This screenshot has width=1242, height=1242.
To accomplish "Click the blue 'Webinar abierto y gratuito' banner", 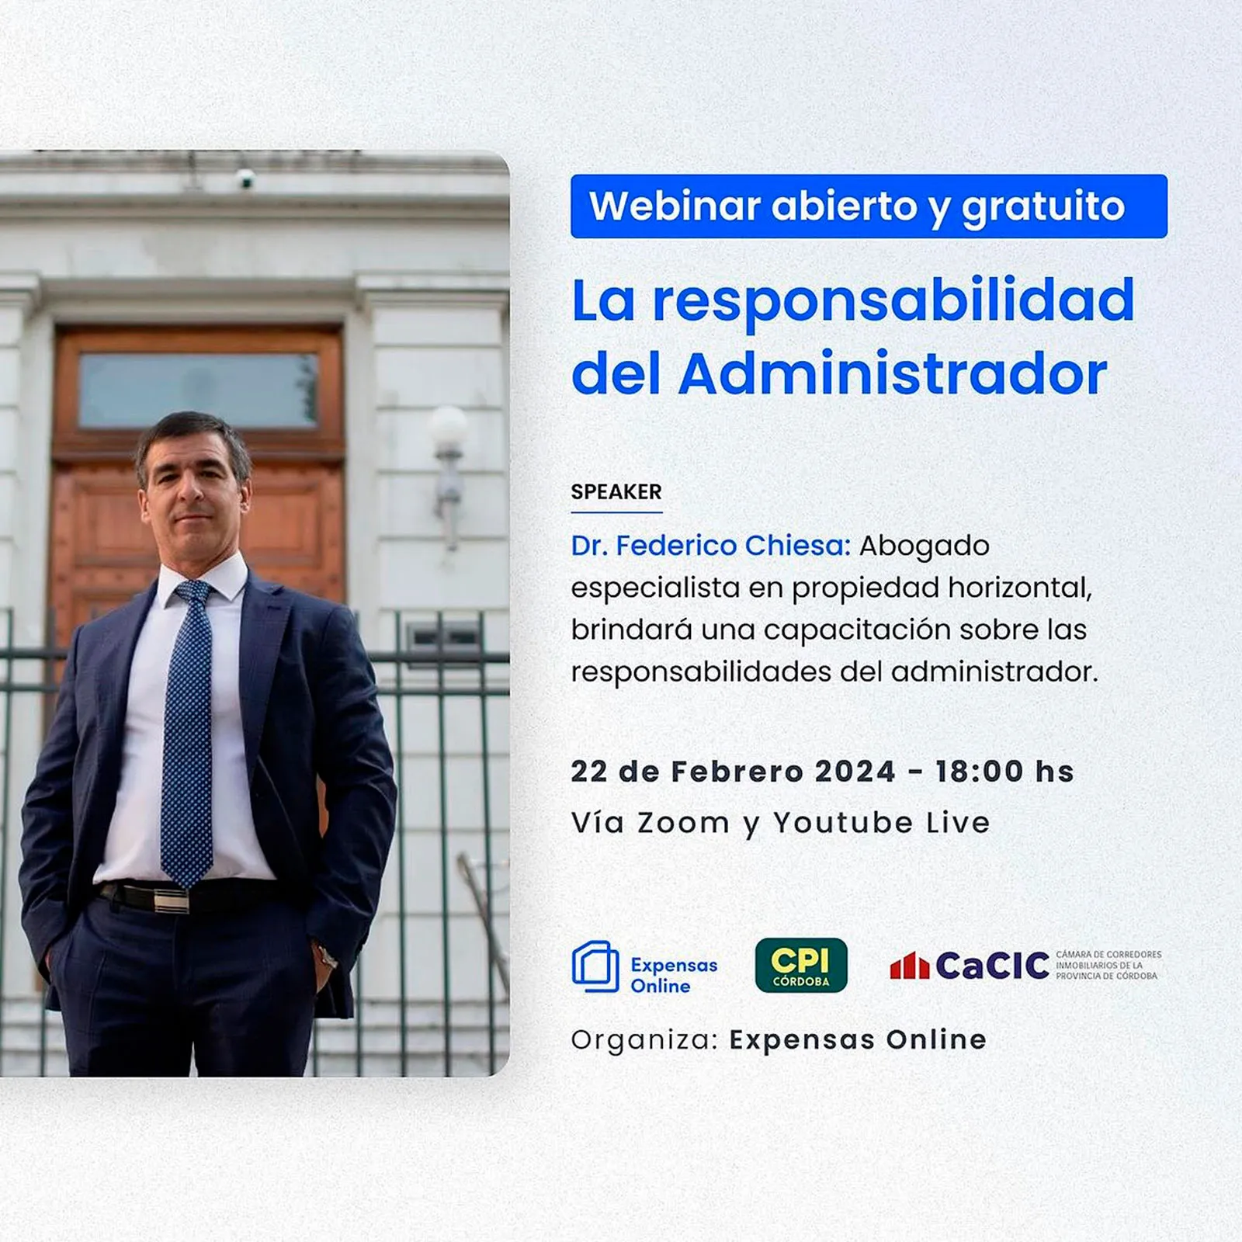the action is (x=869, y=206).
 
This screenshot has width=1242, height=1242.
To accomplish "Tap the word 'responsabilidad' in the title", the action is (x=893, y=303).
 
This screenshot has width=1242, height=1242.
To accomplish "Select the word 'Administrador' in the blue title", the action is (x=893, y=374).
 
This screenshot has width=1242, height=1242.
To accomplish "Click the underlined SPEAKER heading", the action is (x=616, y=492).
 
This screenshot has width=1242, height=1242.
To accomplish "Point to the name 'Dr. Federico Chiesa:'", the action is (x=711, y=546).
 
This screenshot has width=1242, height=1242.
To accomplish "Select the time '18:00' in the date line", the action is (x=980, y=772).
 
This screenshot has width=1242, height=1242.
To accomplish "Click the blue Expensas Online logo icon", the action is (x=595, y=966).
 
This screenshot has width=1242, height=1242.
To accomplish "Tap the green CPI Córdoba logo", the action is (x=801, y=966).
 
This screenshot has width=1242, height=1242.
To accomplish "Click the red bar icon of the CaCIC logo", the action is (x=909, y=966).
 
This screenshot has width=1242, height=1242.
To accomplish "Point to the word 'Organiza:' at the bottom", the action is (x=645, y=1040).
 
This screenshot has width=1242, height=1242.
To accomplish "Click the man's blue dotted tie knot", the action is (x=193, y=592).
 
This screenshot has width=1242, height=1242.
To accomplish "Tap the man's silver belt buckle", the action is (x=171, y=900).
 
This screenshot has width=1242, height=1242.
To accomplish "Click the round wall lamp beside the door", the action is (x=448, y=425).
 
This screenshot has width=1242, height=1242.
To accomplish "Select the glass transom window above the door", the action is (x=199, y=390).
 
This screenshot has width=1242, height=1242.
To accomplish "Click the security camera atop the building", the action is (x=245, y=178).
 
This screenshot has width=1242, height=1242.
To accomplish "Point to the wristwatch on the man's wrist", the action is (x=328, y=957).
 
